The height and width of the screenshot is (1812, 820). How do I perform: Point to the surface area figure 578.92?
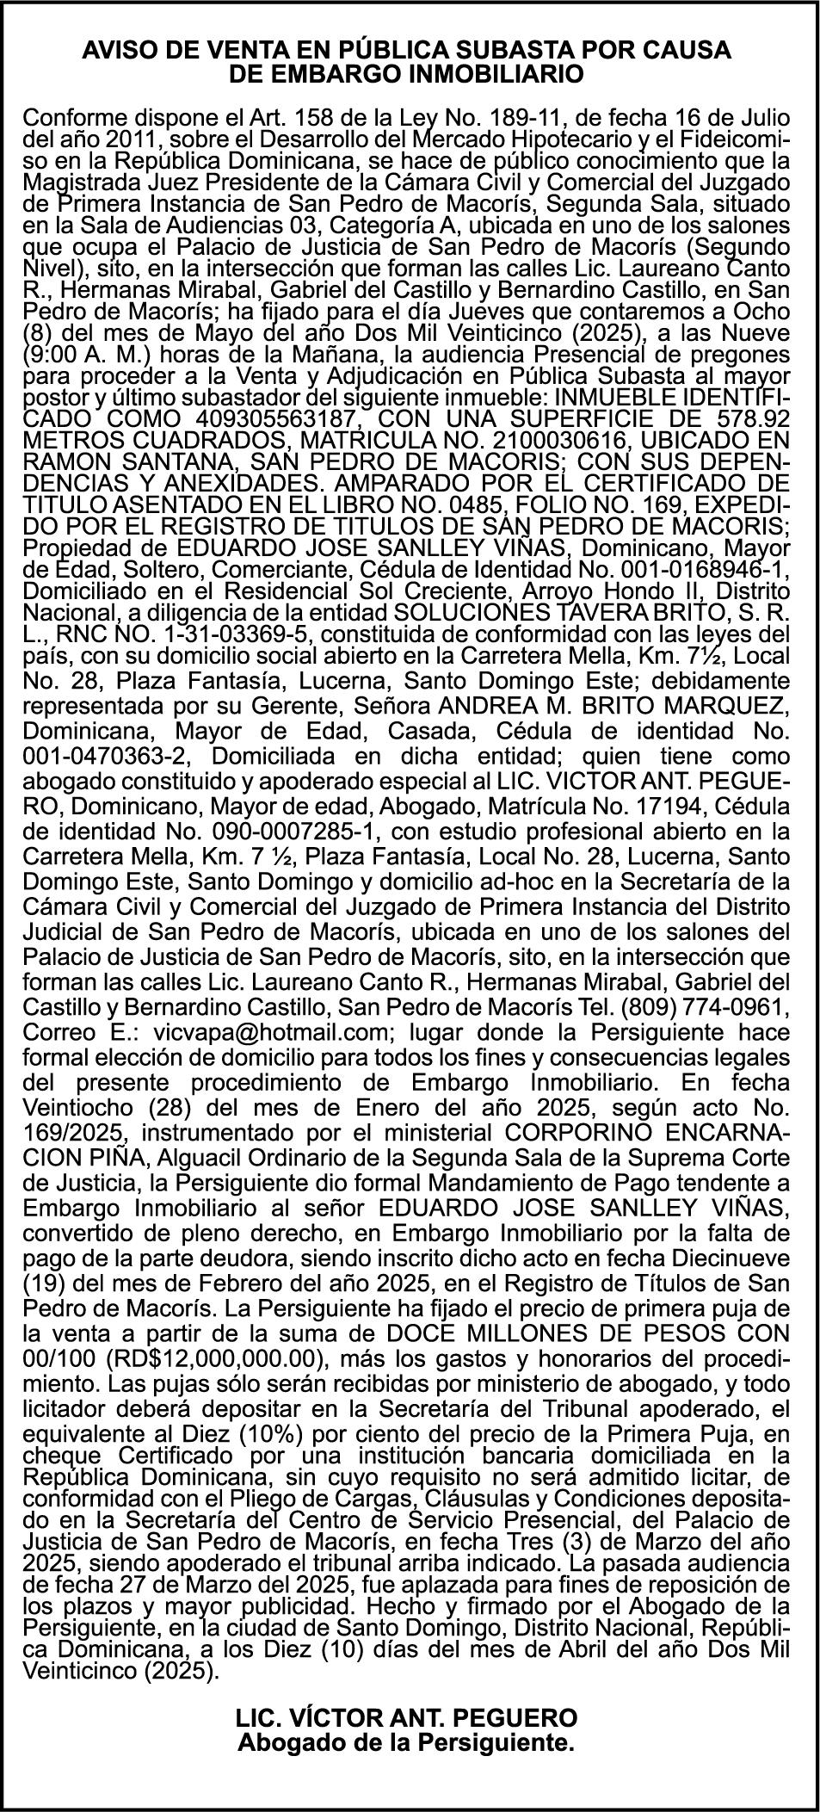click(751, 418)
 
